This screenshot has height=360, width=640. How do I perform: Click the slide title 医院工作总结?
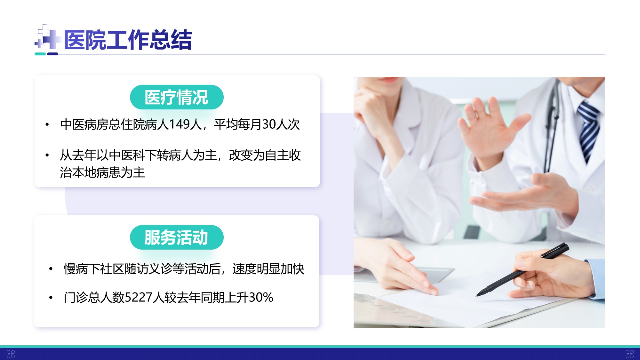(128, 40)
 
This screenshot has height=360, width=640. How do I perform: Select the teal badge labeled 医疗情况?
(177, 97)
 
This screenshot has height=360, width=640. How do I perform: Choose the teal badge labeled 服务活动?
(177, 237)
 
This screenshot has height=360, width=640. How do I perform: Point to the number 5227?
(138, 298)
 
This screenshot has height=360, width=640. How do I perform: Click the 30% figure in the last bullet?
(261, 298)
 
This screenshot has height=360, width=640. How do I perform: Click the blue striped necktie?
(589, 131)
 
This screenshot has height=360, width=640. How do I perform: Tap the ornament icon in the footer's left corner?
(11, 354)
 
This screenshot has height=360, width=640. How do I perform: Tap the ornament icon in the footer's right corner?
(629, 354)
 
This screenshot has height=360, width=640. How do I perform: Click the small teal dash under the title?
(40, 54)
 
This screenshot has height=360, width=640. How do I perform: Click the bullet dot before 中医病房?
(47, 124)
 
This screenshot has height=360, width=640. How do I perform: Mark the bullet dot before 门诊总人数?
(51, 298)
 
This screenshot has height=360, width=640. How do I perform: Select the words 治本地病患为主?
(102, 173)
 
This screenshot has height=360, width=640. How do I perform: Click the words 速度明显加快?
(268, 269)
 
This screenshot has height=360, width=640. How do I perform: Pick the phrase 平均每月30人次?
(257, 124)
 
